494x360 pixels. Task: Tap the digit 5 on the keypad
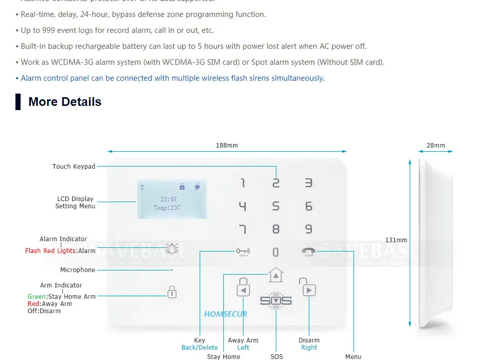(x=276, y=206)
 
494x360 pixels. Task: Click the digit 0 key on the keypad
(x=276, y=252)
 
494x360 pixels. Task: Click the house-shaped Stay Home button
(x=276, y=275)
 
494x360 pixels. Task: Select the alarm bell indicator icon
(x=172, y=249)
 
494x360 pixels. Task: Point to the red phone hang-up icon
(x=309, y=251)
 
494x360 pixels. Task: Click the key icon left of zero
(x=243, y=251)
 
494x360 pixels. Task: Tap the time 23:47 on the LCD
(x=168, y=199)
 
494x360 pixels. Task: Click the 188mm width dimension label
(x=227, y=146)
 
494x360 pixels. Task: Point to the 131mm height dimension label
(x=396, y=240)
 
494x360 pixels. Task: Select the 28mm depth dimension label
(x=435, y=146)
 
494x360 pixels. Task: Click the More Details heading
(x=65, y=102)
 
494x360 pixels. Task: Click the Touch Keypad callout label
(x=74, y=167)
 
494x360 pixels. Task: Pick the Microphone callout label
(x=78, y=270)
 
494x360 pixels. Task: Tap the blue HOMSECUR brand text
(x=225, y=314)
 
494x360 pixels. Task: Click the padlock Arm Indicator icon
(x=172, y=292)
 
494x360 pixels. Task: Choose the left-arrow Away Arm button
(x=243, y=290)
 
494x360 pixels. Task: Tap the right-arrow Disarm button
(x=309, y=290)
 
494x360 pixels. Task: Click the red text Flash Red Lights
(x=50, y=251)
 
